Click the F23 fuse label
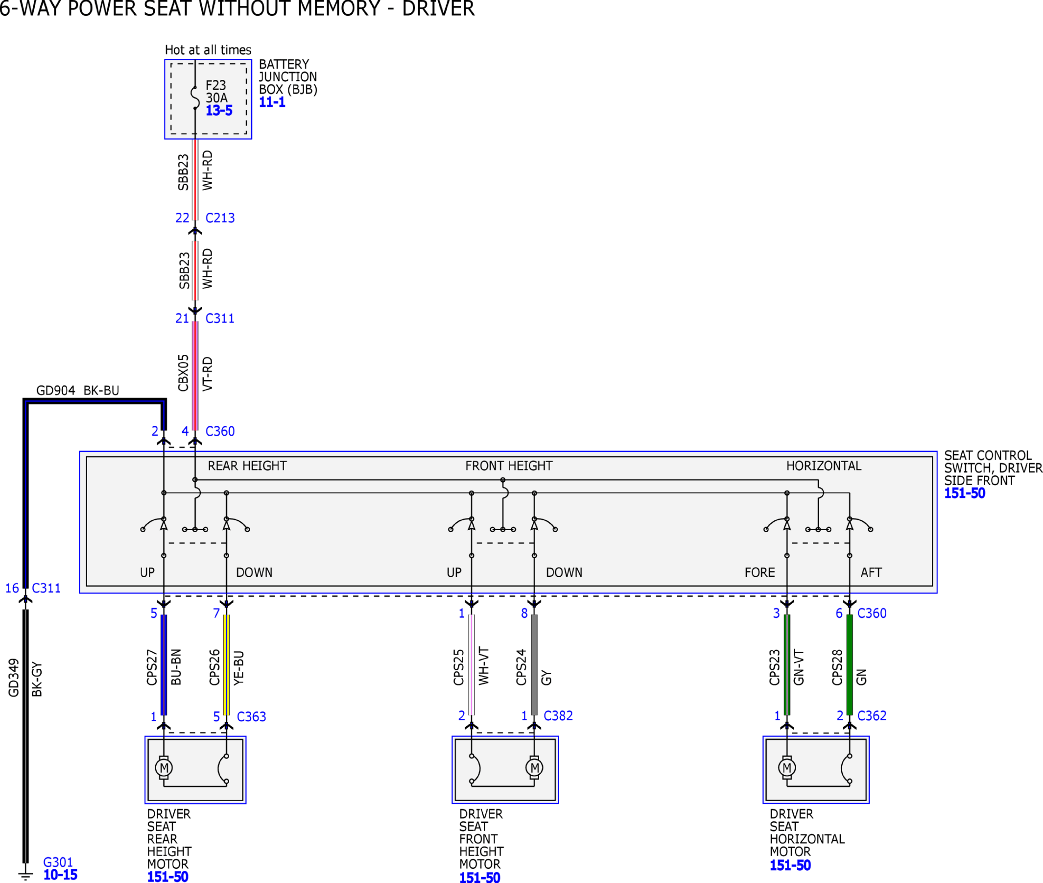coord(215,85)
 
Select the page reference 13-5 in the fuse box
coord(219,111)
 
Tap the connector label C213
coord(220,218)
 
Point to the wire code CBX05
coord(183,373)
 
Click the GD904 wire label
coord(55,391)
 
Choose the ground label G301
coord(58,862)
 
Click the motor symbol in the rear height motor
coord(164,767)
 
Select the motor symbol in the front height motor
coord(534,767)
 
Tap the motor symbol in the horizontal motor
coord(787,767)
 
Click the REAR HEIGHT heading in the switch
coord(247,466)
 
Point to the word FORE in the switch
coord(759,573)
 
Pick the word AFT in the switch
coord(871,573)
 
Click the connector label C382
coord(558,716)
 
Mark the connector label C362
coord(872,716)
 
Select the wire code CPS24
coord(521,667)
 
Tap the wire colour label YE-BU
coord(239,668)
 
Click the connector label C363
coord(251,717)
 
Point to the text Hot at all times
coord(208,50)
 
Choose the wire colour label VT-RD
coord(207,374)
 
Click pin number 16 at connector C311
coord(12,588)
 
